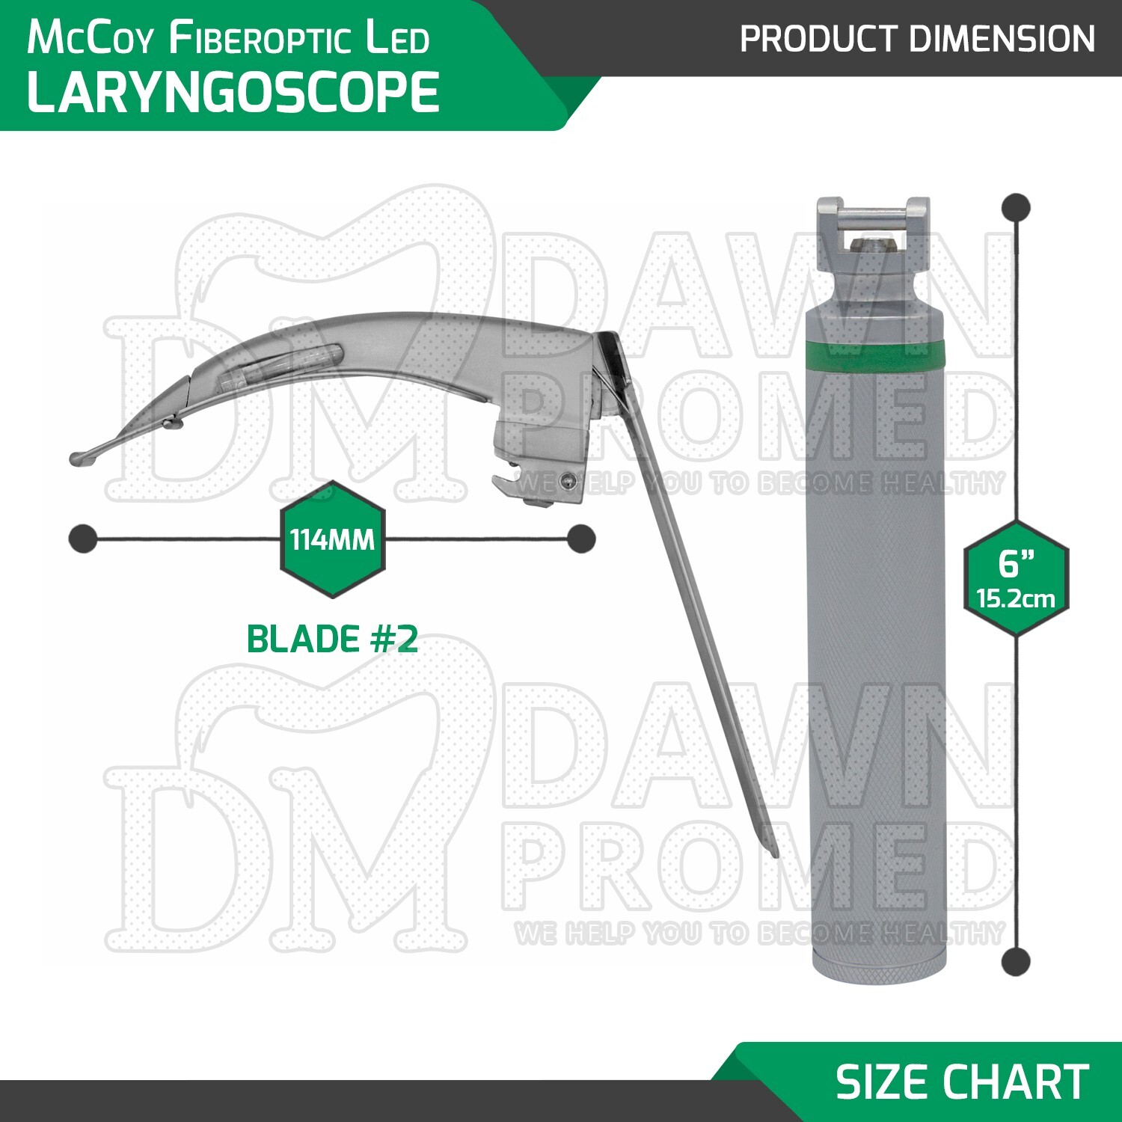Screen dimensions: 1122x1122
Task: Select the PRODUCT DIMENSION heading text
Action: [917, 39]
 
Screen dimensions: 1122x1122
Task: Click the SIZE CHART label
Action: [962, 1082]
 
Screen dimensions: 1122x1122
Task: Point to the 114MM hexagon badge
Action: [332, 539]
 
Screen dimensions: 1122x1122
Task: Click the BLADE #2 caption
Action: [332, 640]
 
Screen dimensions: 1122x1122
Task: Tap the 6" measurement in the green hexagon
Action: [1016, 562]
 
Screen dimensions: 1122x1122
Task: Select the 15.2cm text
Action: [1016, 599]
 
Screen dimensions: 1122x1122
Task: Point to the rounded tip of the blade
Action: [77, 459]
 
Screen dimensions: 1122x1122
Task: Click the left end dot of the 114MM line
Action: [82, 539]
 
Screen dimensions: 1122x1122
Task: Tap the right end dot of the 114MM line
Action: [581, 539]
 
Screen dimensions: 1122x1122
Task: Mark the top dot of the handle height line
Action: [1016, 207]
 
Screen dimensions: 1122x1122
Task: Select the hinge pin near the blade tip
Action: [174, 424]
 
